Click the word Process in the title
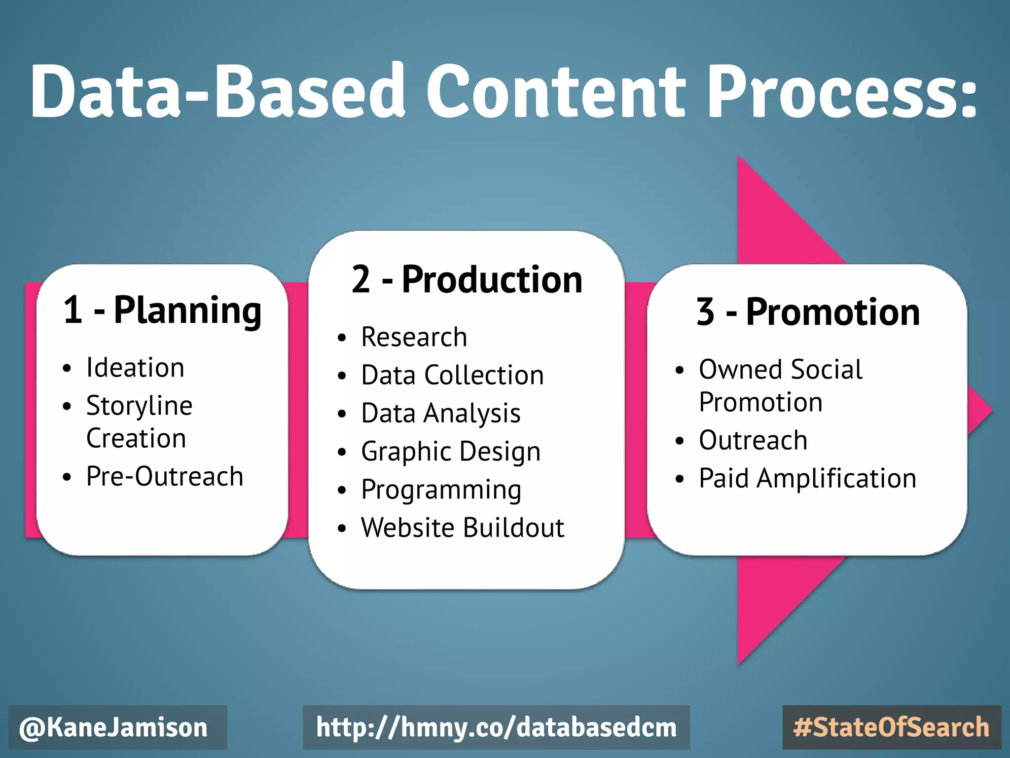[841, 91]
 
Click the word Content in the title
[555, 91]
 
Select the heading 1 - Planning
[162, 311]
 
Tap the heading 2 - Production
[467, 280]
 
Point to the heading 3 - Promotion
[808, 312]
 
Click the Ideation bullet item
[135, 368]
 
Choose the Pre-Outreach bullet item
[164, 477]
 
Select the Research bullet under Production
[414, 338]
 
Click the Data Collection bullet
[452, 376]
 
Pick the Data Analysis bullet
[440, 414]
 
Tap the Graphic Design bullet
[450, 452]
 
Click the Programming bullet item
[441, 490]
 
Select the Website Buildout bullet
[462, 528]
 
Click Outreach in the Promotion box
[753, 440]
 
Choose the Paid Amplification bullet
[807, 478]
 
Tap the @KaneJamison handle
[114, 728]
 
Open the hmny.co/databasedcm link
[496, 728]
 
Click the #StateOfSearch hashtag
[891, 728]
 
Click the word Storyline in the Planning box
[139, 406]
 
